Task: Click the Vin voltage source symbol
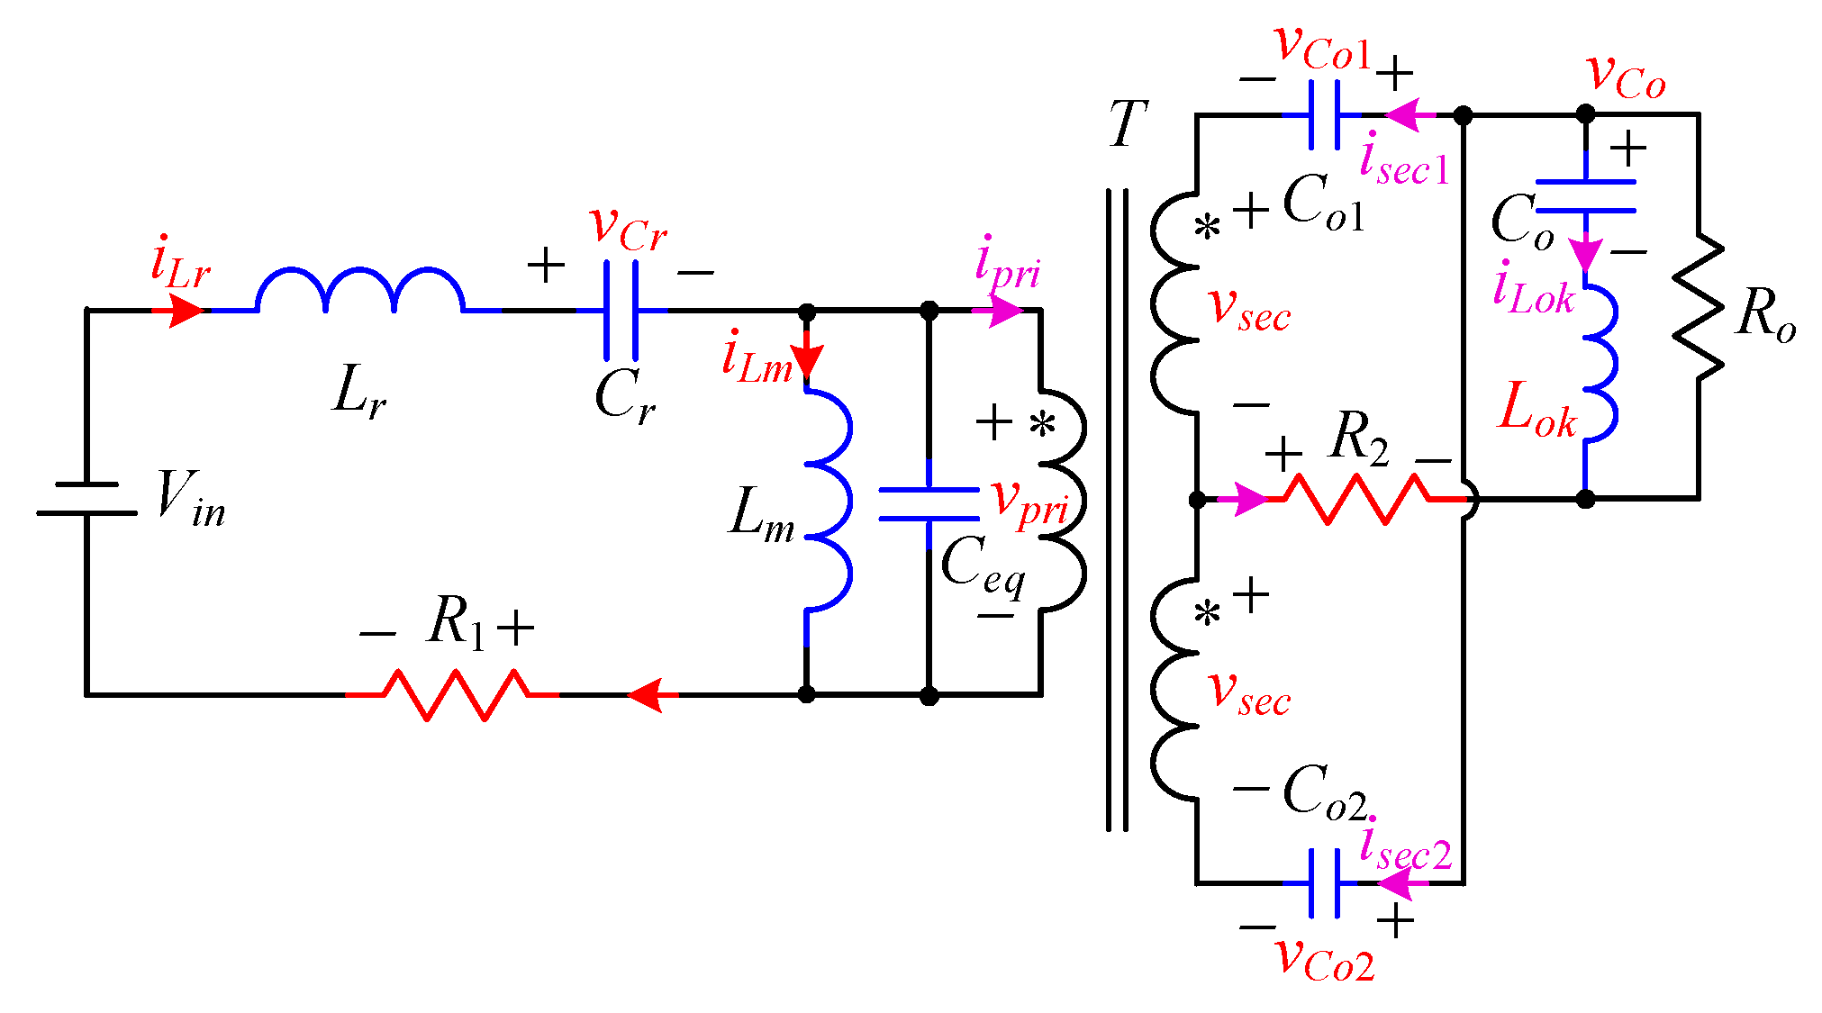(x=86, y=499)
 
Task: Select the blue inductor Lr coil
(x=360, y=290)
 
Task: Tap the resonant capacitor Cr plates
(x=621, y=310)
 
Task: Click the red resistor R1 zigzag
(x=455, y=694)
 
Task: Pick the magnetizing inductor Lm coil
(x=829, y=501)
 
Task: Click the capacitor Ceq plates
(x=929, y=504)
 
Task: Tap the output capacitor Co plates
(x=1585, y=196)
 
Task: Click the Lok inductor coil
(x=1601, y=364)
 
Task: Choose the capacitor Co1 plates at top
(x=1324, y=115)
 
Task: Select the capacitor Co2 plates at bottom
(x=1324, y=883)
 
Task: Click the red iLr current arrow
(x=186, y=311)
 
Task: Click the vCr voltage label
(x=627, y=227)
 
